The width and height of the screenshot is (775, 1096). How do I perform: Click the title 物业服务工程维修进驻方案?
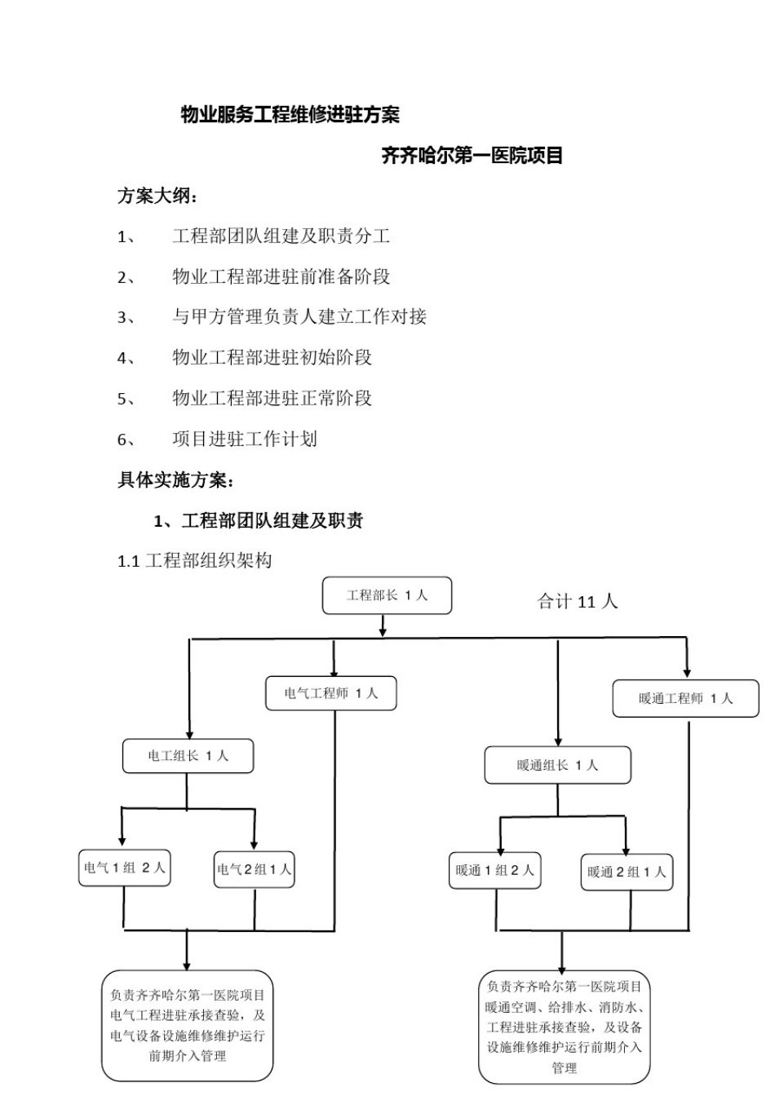coord(290,115)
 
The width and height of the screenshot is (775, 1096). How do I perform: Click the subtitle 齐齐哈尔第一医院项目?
coord(472,156)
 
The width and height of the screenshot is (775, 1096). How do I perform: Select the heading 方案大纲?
coord(157,197)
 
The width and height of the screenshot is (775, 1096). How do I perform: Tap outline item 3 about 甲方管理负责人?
coord(299,316)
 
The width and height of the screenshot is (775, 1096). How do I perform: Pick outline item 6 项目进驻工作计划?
coord(244,439)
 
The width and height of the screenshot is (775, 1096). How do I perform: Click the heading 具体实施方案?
coord(175,479)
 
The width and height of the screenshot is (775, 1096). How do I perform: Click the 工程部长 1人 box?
coord(387,595)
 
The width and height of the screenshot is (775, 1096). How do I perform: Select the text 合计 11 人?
coord(577,602)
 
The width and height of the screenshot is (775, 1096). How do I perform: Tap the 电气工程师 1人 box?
coord(331,693)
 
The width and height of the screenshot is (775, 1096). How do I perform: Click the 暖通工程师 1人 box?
coord(685,698)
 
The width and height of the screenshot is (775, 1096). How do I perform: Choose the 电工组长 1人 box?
coord(188,756)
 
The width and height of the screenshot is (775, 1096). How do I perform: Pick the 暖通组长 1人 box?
coord(557,766)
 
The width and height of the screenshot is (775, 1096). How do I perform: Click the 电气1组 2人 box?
coord(124,868)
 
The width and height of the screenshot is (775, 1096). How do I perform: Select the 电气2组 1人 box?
coord(254,869)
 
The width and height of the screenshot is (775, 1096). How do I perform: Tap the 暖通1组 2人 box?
coord(494,871)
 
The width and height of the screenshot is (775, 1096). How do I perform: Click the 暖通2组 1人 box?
coord(627,872)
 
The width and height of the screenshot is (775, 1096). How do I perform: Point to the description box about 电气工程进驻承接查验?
coord(187,1025)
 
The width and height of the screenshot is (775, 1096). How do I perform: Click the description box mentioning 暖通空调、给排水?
coord(564,1027)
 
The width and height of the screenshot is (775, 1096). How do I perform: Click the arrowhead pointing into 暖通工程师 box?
coord(687,673)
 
